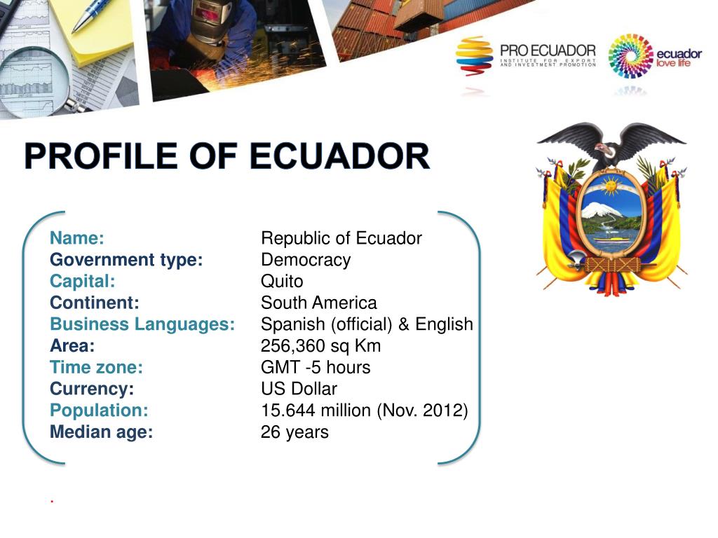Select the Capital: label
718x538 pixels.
pyautogui.click(x=82, y=282)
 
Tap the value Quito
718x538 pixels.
pyautogui.click(x=282, y=282)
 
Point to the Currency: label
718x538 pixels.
pyautogui.click(x=92, y=389)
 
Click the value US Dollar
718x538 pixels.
pyautogui.click(x=299, y=389)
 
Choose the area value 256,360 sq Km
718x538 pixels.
pyautogui.click(x=320, y=346)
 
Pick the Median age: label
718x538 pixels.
pyautogui.click(x=101, y=432)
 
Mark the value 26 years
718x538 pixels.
pyautogui.click(x=294, y=432)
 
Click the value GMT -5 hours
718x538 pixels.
pyautogui.click(x=316, y=368)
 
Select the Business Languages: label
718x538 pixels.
pyautogui.click(x=142, y=325)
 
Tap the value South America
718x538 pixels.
pyautogui.click(x=318, y=303)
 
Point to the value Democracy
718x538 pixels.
pyautogui.click(x=306, y=260)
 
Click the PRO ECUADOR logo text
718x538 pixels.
pyautogui.click(x=548, y=51)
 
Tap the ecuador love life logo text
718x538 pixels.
pyautogui.click(x=677, y=59)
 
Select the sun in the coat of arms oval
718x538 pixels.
pyautogui.click(x=611, y=186)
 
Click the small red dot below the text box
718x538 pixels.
pyautogui.click(x=52, y=502)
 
